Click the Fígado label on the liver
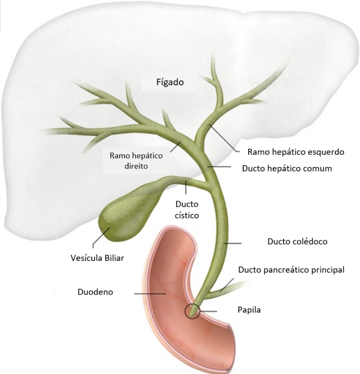click(x=170, y=82)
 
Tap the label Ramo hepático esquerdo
click(x=296, y=152)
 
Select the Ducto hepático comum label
click(x=287, y=168)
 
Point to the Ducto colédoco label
click(x=297, y=241)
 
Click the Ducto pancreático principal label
click(x=291, y=270)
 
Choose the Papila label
click(x=249, y=310)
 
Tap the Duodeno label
click(x=95, y=292)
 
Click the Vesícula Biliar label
click(x=97, y=258)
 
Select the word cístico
click(x=187, y=215)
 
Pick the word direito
click(x=136, y=166)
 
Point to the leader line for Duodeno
click(x=150, y=294)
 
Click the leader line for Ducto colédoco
click(x=232, y=243)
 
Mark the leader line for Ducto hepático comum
click(x=219, y=167)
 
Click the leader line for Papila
click(x=208, y=311)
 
